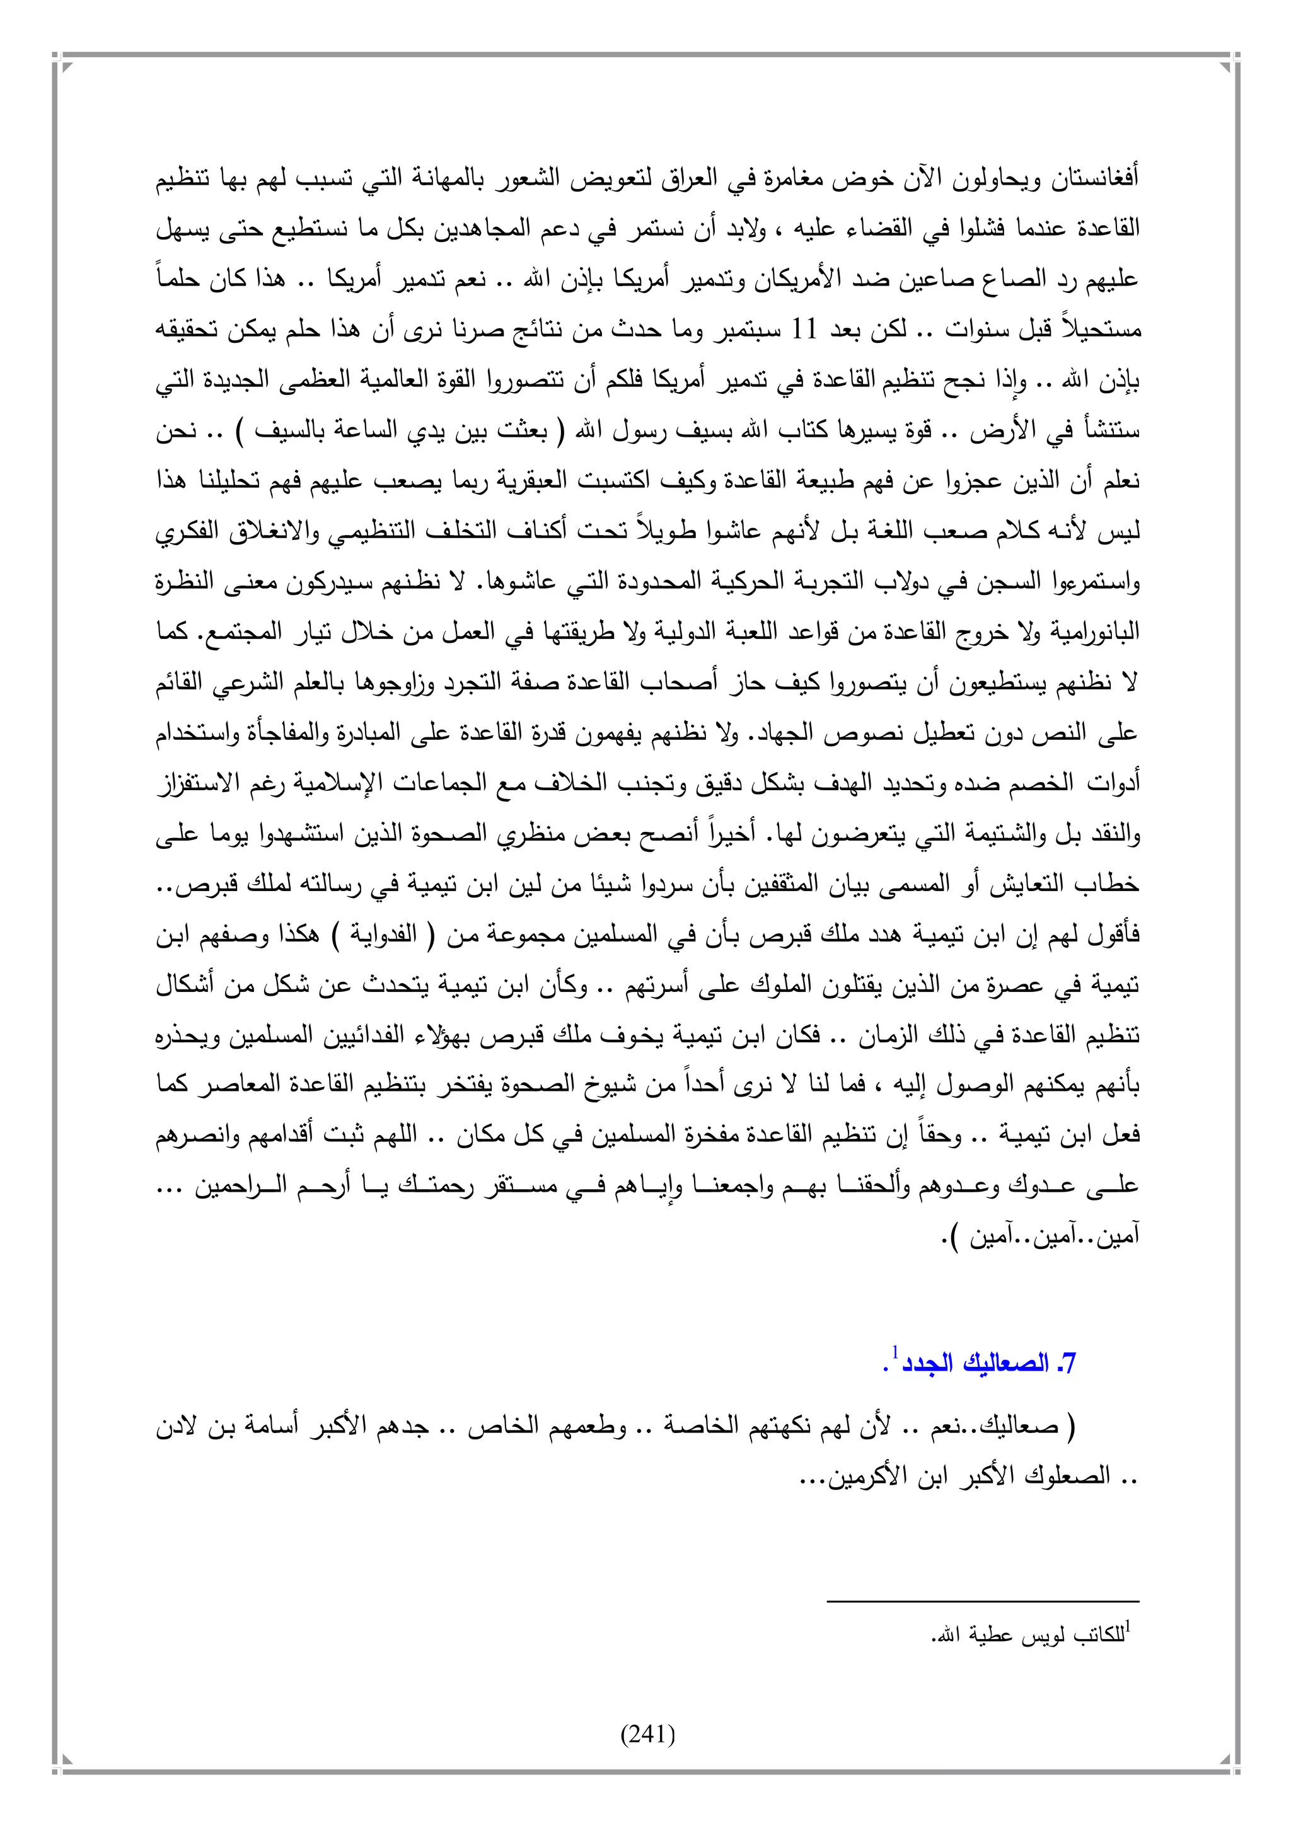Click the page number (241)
click(647, 1734)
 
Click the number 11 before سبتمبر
click(804, 330)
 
